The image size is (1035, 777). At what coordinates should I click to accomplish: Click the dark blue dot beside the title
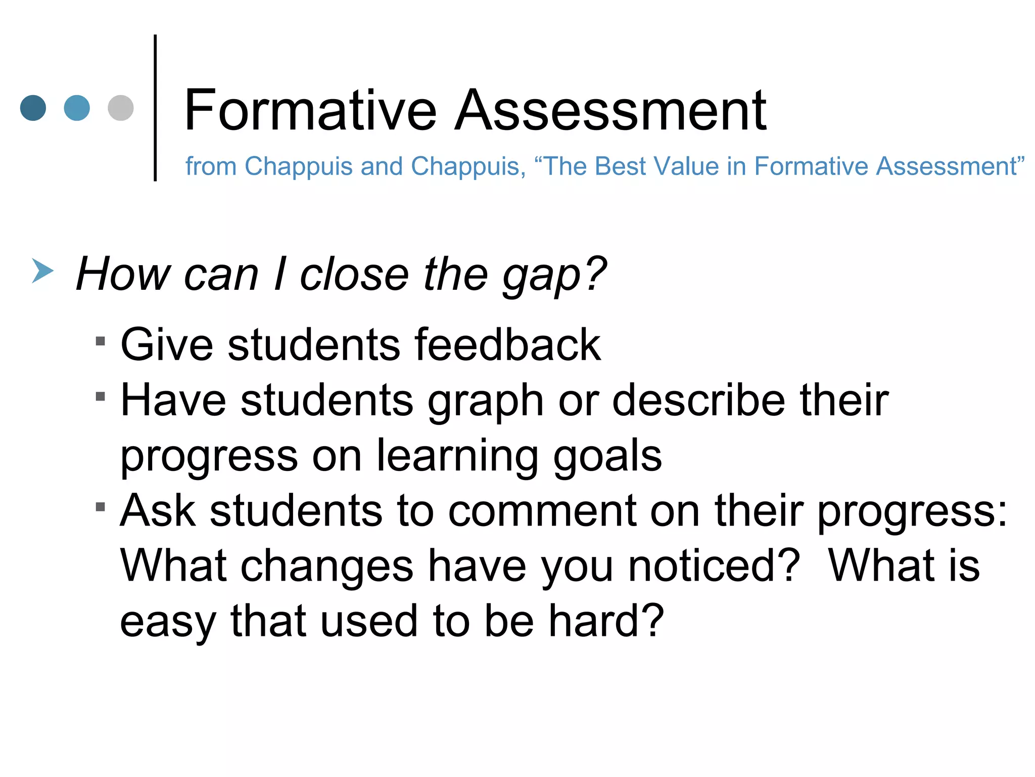pyautogui.click(x=33, y=108)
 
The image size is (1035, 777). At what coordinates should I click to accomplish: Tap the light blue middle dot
pyautogui.click(x=77, y=108)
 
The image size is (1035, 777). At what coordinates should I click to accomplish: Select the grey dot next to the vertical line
pyautogui.click(x=121, y=108)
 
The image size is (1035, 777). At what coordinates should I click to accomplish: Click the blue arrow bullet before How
pyautogui.click(x=42, y=271)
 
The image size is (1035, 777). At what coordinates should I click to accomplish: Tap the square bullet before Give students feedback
pyautogui.click(x=100, y=341)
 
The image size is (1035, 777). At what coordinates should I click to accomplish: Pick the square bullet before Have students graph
pyautogui.click(x=100, y=396)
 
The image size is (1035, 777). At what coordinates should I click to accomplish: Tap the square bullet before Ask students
pyautogui.click(x=100, y=506)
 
